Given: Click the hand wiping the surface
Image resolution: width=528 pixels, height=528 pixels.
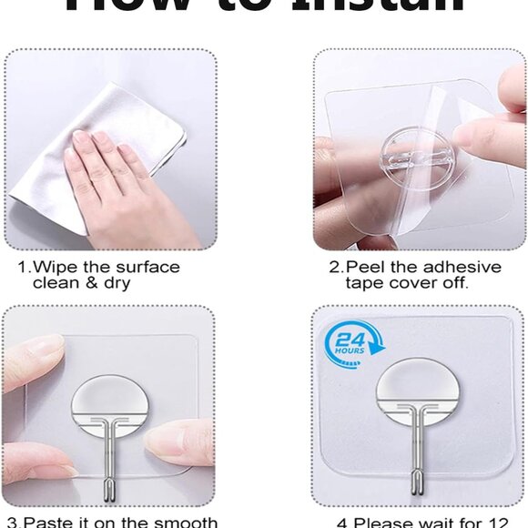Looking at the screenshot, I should (x=118, y=182).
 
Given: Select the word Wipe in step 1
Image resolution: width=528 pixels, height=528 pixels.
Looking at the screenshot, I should (x=55, y=268).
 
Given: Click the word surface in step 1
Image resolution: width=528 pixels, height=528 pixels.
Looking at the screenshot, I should (x=147, y=268).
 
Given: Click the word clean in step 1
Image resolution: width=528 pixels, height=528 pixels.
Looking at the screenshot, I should (x=55, y=283).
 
